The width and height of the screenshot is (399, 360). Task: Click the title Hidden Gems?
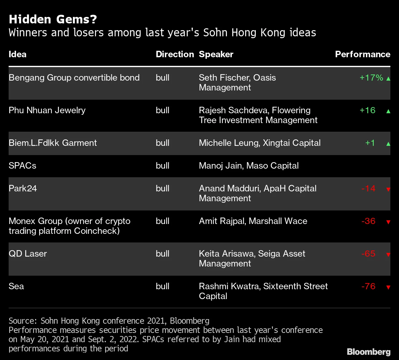53,19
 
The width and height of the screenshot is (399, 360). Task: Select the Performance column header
362,54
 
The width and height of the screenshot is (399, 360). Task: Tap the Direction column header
175,54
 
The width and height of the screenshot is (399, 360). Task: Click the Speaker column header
216,54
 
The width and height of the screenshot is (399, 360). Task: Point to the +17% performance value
371,78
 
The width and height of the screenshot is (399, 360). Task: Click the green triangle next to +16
388,111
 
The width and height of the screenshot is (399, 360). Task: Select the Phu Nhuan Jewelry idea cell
47,110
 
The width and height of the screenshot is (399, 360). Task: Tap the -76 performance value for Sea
368,286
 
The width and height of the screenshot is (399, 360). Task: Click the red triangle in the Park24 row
388,189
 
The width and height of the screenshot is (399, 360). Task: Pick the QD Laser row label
28,254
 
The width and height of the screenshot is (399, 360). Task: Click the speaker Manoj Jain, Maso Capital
248,166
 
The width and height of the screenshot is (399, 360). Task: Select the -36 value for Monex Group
368,221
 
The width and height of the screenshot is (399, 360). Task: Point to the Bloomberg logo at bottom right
369,352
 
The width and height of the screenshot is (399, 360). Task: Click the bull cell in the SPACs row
162,166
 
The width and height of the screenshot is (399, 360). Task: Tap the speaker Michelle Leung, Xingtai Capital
260,143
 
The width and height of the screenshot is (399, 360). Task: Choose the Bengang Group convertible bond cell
74,78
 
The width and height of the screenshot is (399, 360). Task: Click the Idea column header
18,54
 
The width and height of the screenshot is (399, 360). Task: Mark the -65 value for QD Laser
368,254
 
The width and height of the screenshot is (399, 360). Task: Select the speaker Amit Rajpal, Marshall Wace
253,221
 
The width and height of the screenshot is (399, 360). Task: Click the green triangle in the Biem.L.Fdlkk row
388,144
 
